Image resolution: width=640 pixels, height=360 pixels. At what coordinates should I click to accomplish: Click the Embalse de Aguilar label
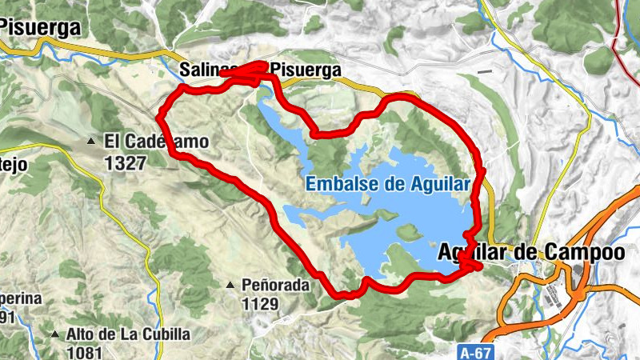point(387,184)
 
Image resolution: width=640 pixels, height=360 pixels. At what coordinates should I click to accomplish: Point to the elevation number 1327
point(125,162)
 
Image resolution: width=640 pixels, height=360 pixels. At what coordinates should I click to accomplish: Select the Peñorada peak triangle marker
point(230,285)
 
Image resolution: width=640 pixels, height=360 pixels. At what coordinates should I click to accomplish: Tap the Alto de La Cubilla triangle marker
point(55,334)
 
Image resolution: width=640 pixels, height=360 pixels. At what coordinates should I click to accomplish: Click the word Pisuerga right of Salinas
point(307,70)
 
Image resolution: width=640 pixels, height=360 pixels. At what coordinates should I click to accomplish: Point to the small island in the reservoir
point(407,231)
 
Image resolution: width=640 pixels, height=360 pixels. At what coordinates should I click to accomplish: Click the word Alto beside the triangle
point(82,334)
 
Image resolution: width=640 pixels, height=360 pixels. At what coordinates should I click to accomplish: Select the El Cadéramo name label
point(155,142)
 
